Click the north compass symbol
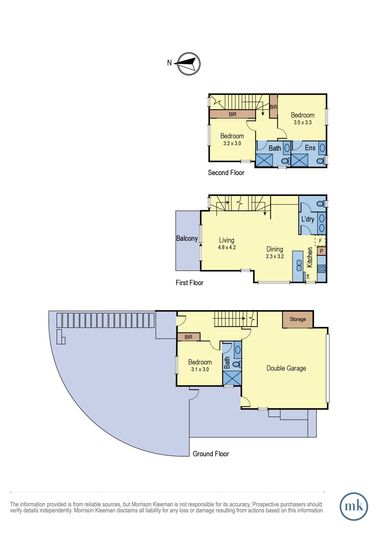click(189, 64)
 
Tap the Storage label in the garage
click(298, 319)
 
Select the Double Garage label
click(286, 368)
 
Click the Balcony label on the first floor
click(187, 238)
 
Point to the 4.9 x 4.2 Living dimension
click(227, 247)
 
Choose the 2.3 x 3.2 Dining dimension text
click(275, 256)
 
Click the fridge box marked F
click(320, 241)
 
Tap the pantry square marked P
click(322, 251)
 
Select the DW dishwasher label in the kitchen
click(308, 276)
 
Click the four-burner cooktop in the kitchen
click(322, 269)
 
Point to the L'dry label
click(308, 219)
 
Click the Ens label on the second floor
click(310, 148)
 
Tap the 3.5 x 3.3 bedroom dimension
click(303, 123)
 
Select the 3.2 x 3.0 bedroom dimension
click(232, 143)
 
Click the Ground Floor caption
click(211, 454)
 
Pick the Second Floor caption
click(226, 173)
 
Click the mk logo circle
click(354, 506)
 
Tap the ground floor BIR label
click(188, 337)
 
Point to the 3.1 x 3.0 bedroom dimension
click(200, 369)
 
